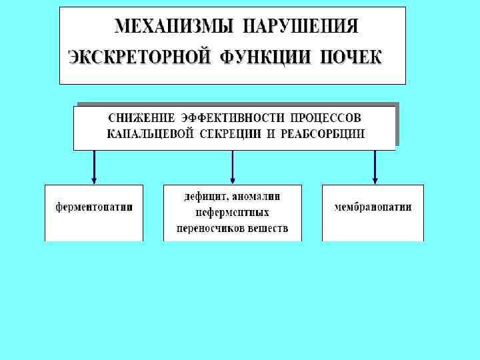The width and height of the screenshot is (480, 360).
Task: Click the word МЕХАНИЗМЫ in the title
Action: point(175,27)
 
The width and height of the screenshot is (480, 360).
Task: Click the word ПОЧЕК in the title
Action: point(349,57)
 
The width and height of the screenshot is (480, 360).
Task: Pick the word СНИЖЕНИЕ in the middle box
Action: point(141,118)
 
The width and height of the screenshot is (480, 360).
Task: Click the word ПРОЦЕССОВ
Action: point(326,118)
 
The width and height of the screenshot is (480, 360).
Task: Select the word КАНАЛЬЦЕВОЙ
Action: point(150,133)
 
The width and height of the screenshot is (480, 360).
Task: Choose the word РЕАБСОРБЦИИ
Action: point(323,133)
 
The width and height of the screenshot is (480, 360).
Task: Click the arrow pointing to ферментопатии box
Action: point(94,166)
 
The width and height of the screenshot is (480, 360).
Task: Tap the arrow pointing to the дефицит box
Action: point(233,166)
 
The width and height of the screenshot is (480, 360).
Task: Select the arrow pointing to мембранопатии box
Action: point(375,166)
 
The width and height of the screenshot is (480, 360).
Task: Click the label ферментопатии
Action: point(93,207)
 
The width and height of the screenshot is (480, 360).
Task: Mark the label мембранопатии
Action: point(373,207)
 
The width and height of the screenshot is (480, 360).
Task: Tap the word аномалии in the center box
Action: point(257,197)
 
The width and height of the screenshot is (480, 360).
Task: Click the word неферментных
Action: point(233,213)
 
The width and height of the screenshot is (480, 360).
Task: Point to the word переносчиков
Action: point(207,229)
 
